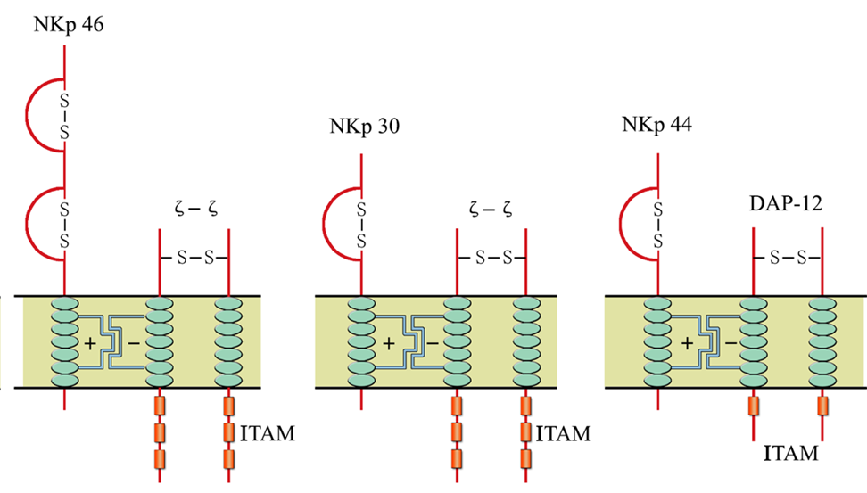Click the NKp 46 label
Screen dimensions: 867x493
click(x=69, y=26)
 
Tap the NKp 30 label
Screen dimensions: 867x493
click(x=365, y=127)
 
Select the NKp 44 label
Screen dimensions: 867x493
click(x=656, y=125)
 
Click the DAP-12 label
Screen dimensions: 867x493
click(x=786, y=203)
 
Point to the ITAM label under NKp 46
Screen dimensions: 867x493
click(x=268, y=433)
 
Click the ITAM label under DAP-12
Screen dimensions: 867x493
click(x=790, y=453)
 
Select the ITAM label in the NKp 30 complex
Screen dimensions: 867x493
click(x=564, y=433)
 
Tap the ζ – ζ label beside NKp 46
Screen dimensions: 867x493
click(x=195, y=209)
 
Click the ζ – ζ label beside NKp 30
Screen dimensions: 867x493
click(x=491, y=209)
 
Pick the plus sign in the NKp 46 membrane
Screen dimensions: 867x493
click(x=89, y=343)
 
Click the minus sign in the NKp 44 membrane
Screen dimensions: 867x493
click(x=731, y=344)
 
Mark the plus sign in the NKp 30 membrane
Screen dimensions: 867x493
click(x=389, y=343)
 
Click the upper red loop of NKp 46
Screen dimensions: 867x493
click(x=27, y=116)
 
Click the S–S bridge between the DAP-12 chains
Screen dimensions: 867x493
click(x=788, y=258)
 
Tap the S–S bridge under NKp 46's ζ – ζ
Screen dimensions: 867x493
click(x=194, y=258)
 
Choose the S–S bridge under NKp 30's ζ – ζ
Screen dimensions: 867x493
click(x=491, y=258)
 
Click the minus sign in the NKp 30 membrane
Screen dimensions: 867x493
click(x=433, y=344)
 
